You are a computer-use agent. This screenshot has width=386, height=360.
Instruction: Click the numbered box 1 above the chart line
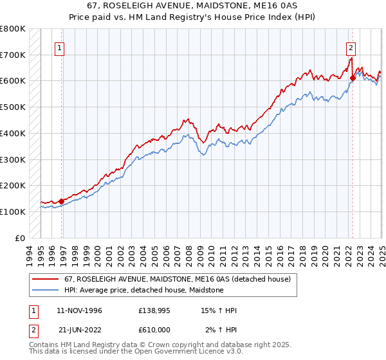[x=59, y=47]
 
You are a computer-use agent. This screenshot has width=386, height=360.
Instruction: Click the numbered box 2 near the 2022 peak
[x=351, y=47]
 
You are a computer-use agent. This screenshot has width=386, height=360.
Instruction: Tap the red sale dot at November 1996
[x=62, y=201]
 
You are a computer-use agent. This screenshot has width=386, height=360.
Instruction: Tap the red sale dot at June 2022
[x=353, y=78]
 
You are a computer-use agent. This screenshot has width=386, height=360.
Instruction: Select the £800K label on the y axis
[x=13, y=29]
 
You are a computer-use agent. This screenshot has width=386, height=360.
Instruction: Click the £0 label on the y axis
[x=19, y=238]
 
